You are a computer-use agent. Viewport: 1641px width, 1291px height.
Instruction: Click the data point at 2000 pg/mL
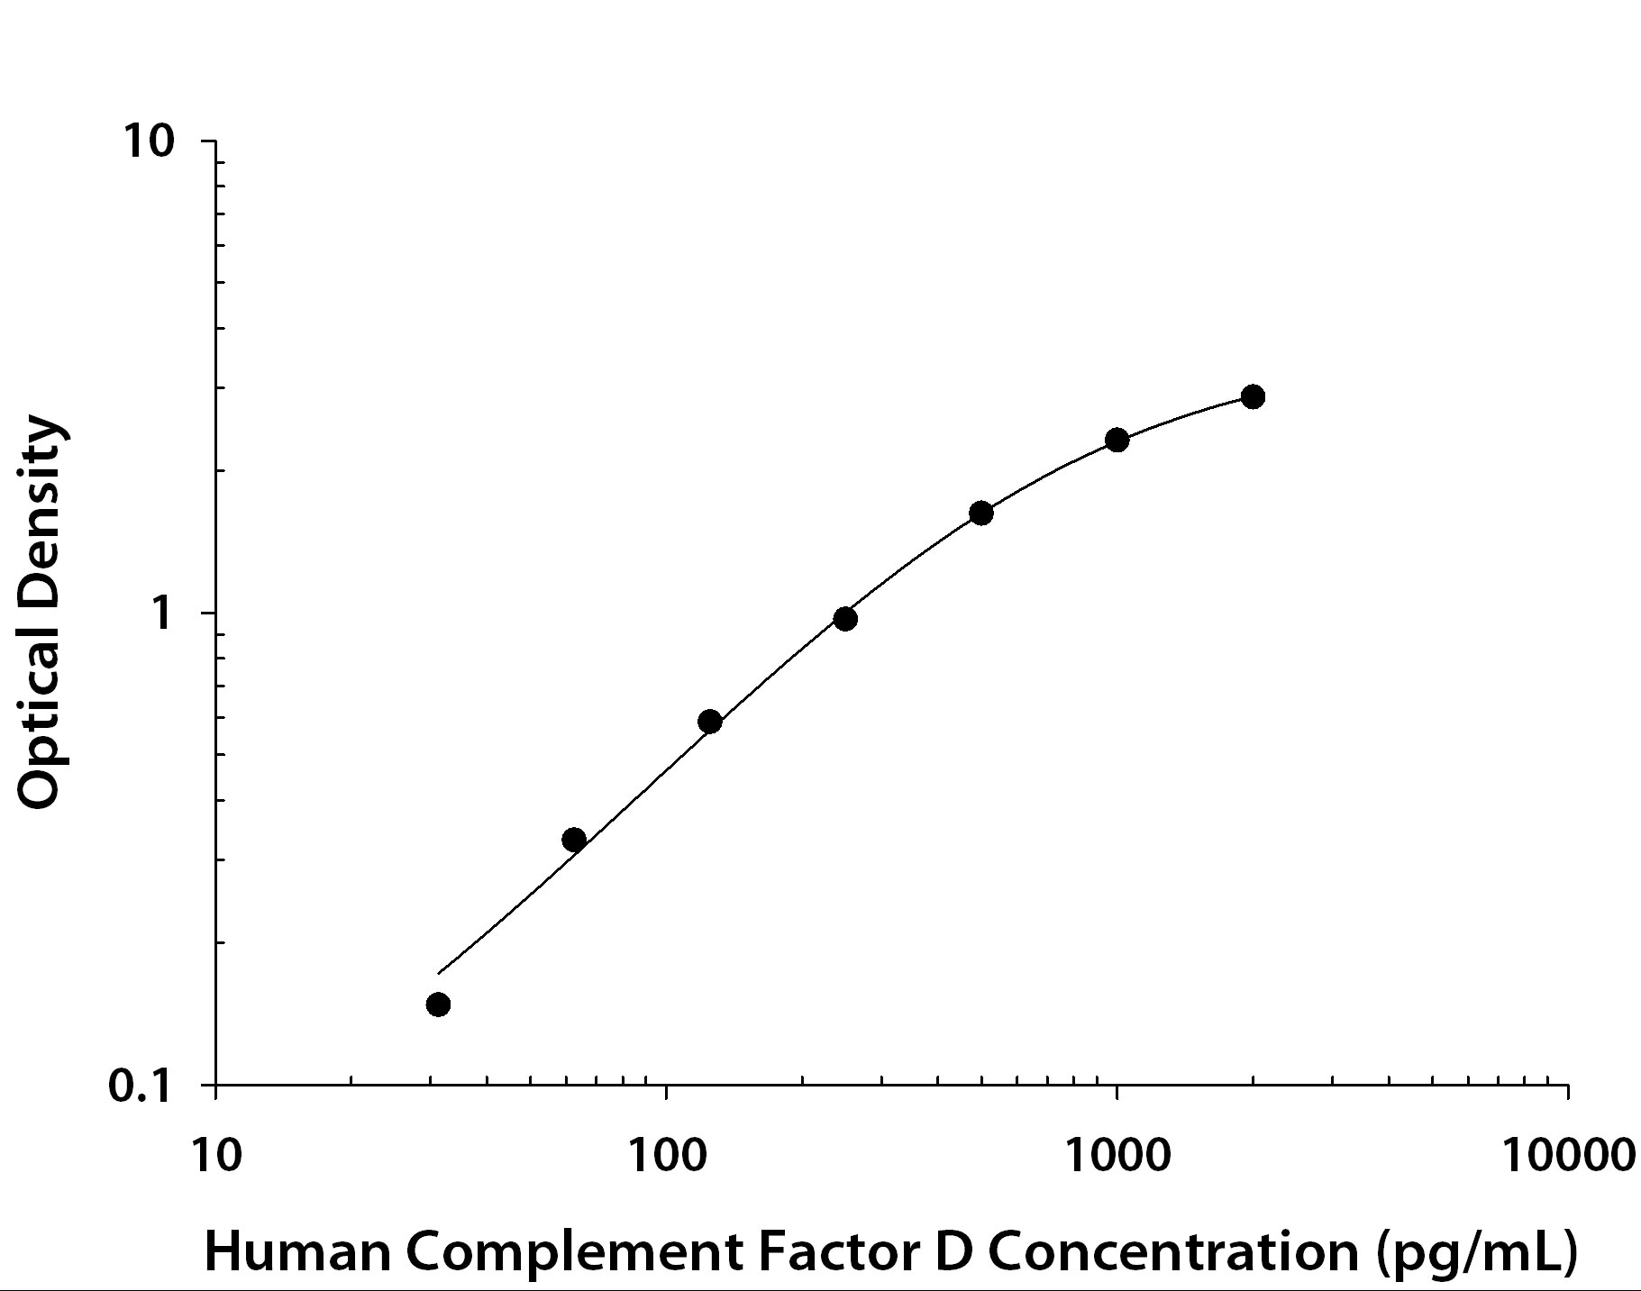tap(1253, 396)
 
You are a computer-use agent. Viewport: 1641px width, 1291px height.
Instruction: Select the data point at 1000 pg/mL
tap(1117, 440)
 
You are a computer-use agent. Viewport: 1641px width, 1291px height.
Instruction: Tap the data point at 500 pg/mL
tap(981, 514)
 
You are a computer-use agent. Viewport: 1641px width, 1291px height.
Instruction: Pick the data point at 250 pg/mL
tap(845, 619)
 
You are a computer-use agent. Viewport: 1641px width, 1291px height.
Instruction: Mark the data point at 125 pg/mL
tap(710, 722)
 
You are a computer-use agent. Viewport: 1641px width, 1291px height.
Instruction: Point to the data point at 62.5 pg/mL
tap(574, 840)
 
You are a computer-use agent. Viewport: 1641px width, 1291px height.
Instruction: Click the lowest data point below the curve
tap(438, 1005)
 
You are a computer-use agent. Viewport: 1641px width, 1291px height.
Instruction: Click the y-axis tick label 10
tap(149, 141)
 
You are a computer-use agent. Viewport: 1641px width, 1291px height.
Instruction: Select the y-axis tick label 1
tap(163, 614)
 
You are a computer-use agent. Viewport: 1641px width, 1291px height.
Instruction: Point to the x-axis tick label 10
tap(216, 1155)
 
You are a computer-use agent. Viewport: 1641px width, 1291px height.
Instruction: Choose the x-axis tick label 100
tap(666, 1155)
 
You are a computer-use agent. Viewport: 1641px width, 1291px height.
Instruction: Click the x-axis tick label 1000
tap(1117, 1155)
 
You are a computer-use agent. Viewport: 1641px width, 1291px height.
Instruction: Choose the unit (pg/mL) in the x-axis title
tap(1478, 1252)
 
